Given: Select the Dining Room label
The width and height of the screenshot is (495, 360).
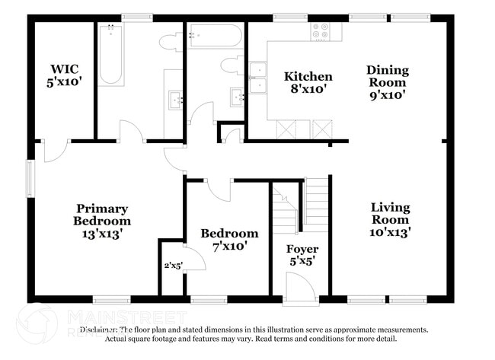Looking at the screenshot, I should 388,82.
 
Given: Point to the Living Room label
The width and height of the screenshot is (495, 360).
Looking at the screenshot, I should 390,220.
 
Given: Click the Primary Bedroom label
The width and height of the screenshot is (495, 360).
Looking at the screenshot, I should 101,221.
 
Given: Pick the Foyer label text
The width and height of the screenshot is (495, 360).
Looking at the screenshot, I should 302,255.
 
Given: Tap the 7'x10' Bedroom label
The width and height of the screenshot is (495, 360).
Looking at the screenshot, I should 228,240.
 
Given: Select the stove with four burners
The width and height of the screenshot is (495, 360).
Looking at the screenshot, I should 321,31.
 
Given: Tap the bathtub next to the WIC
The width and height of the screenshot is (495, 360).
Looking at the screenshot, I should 111,54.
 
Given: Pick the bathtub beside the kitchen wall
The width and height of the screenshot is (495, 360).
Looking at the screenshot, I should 215,36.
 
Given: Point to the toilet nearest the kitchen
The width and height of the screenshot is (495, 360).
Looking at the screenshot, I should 231,65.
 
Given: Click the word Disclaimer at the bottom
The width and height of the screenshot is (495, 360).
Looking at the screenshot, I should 99,330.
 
